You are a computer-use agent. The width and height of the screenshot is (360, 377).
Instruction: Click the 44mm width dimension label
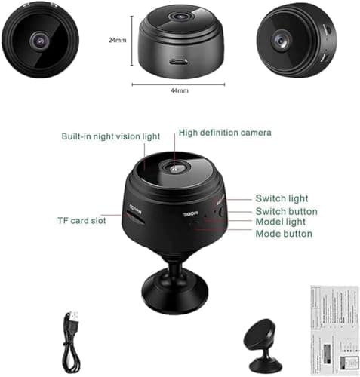[x=178, y=89]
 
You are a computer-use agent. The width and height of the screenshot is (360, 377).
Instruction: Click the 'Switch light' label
[x=282, y=198]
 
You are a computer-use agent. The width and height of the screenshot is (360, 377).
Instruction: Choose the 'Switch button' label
[x=286, y=211]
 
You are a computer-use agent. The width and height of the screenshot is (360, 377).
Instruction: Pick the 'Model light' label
[x=281, y=222]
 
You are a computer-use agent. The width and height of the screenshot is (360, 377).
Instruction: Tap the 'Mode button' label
[x=284, y=234]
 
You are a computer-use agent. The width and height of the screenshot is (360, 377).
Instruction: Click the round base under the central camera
[x=176, y=285]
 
